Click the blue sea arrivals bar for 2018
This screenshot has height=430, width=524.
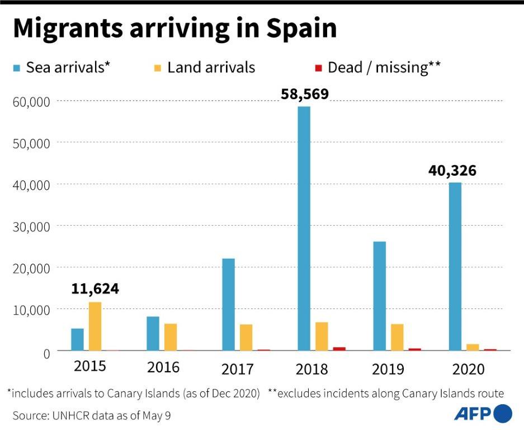304,228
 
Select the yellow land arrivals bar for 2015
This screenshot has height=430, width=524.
95,326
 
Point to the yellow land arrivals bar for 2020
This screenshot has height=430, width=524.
473,347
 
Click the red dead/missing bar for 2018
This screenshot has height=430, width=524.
339,348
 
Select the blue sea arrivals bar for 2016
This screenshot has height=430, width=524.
153,333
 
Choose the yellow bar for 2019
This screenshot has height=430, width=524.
397,337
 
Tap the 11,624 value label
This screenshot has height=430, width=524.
95,289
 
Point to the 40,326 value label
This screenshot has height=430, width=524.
453,170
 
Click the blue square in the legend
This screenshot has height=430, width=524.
17,68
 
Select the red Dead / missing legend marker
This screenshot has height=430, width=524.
319,68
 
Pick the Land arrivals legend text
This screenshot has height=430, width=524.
211,68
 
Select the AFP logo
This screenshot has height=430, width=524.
482,414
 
